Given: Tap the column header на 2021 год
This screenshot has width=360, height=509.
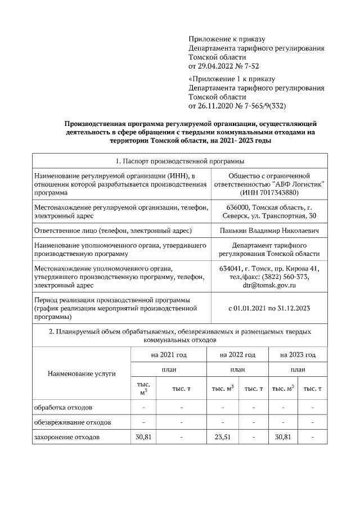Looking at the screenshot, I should [x=169, y=355].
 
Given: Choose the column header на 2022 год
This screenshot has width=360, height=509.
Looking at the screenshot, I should [x=237, y=355].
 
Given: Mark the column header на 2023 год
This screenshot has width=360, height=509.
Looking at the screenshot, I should [x=298, y=355].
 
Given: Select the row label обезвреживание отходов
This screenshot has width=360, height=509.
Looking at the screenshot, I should [x=72, y=422].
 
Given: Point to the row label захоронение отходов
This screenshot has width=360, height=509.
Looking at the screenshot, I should [x=67, y=437].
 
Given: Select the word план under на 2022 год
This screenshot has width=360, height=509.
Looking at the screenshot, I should [x=237, y=370].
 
